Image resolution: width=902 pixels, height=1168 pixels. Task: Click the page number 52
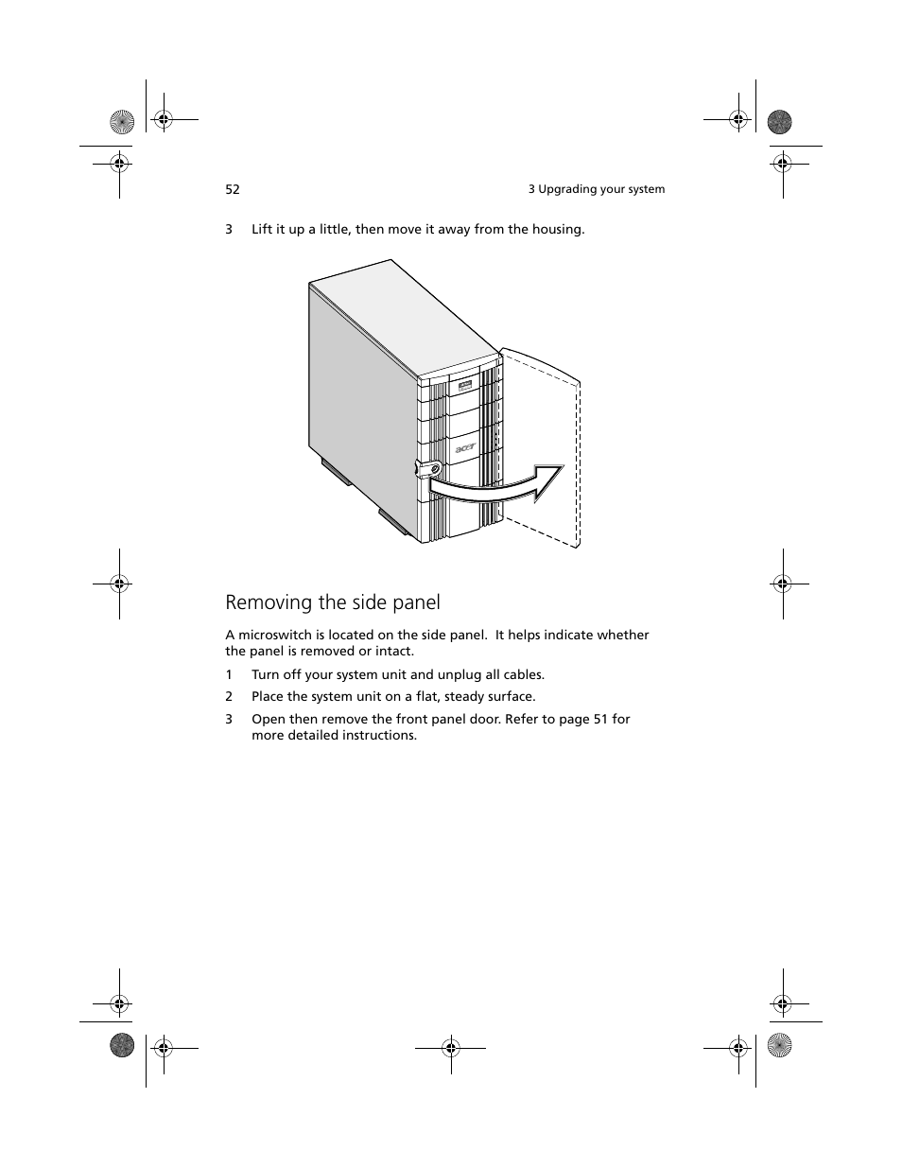coord(233,189)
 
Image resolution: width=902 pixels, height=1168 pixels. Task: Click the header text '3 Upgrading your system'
coord(596,189)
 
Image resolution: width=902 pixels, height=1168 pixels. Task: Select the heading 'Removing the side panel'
coord(333,602)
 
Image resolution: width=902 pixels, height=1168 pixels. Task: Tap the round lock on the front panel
coord(434,469)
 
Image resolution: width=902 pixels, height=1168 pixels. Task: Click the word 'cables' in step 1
coord(522,674)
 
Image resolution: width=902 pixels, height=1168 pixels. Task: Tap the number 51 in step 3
coord(601,719)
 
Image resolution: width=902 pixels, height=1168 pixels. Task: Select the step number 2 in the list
coord(229,696)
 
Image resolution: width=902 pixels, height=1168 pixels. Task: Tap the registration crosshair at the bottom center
coord(451,1047)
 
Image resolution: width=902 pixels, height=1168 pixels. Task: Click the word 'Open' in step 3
coord(269,719)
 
